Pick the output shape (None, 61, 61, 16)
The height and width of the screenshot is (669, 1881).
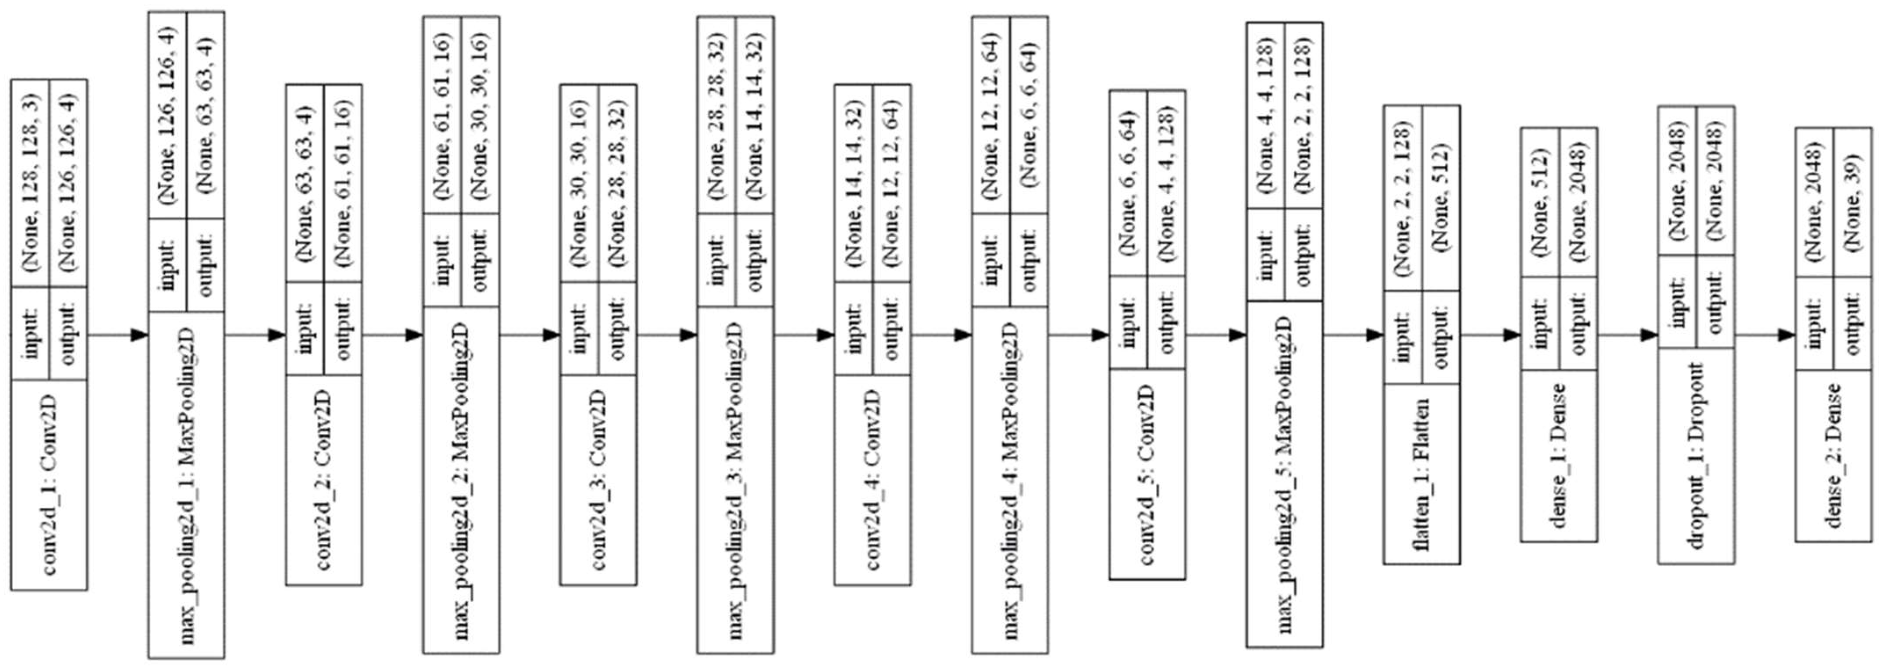[x=343, y=182]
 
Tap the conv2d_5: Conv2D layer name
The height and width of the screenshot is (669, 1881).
[x=1147, y=475]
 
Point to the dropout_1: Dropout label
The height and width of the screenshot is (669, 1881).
[x=1696, y=456]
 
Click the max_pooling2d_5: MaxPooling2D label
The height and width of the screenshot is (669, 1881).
[x=1284, y=475]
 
